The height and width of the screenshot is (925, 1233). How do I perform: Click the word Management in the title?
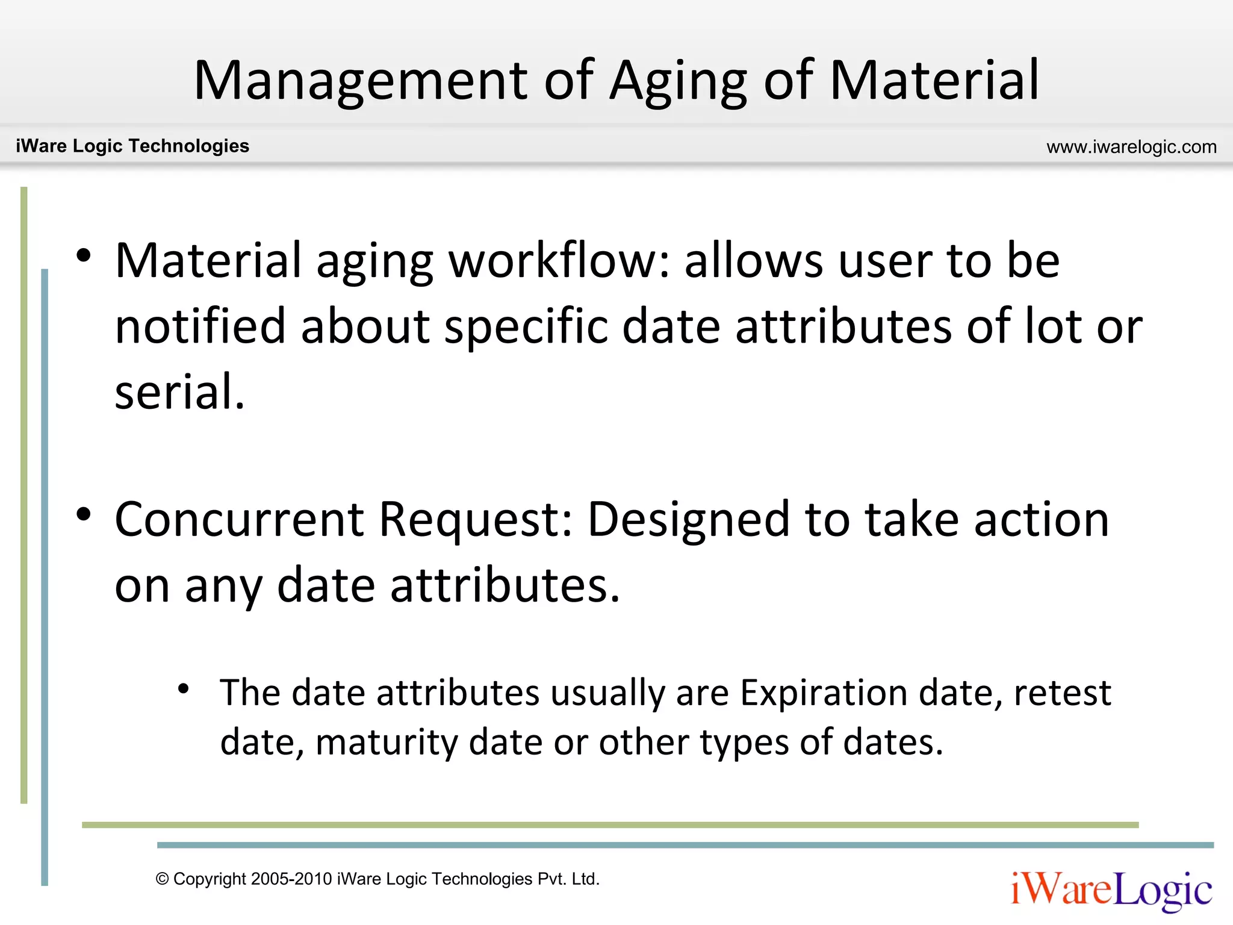click(x=361, y=81)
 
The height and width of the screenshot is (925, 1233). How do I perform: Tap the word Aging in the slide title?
click(x=678, y=82)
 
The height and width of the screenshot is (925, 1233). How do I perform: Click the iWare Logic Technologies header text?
click(x=132, y=146)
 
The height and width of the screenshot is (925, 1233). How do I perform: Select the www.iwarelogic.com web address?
click(x=1131, y=147)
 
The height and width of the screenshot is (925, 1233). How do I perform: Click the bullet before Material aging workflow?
click(x=84, y=255)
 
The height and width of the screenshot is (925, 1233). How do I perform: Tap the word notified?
click(x=200, y=326)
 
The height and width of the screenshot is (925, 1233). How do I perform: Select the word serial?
click(x=179, y=391)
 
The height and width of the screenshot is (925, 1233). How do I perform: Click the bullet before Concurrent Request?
click(x=84, y=515)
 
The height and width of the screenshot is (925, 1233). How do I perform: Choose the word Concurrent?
click(x=239, y=519)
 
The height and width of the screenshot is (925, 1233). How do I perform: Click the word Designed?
click(x=688, y=520)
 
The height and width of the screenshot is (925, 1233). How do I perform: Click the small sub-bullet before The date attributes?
click(x=184, y=688)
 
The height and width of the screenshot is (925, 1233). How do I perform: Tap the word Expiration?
click(x=823, y=693)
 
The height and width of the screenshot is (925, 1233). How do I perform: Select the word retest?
click(x=1062, y=693)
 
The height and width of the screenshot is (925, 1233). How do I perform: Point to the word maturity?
click(x=386, y=742)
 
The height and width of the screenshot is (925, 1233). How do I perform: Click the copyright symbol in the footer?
click(x=162, y=879)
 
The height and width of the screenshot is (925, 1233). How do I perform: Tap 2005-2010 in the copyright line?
click(x=291, y=879)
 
